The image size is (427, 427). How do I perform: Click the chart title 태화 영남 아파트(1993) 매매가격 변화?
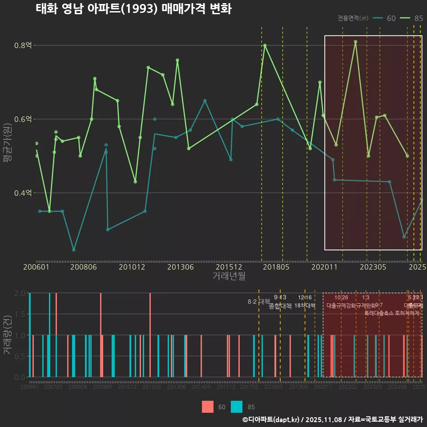(133, 9)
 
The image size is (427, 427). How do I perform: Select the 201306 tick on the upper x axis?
(180, 267)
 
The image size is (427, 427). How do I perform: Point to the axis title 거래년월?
(229, 276)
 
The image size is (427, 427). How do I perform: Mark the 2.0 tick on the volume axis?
(20, 293)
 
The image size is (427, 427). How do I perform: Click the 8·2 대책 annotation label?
(258, 302)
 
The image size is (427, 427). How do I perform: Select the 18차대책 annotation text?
(305, 306)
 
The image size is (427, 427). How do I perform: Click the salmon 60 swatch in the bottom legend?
(207, 407)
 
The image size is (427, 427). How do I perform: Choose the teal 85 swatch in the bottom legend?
(237, 407)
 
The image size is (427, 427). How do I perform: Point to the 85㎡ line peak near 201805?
(265, 45)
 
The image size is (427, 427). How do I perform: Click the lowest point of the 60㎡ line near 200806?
(74, 250)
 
